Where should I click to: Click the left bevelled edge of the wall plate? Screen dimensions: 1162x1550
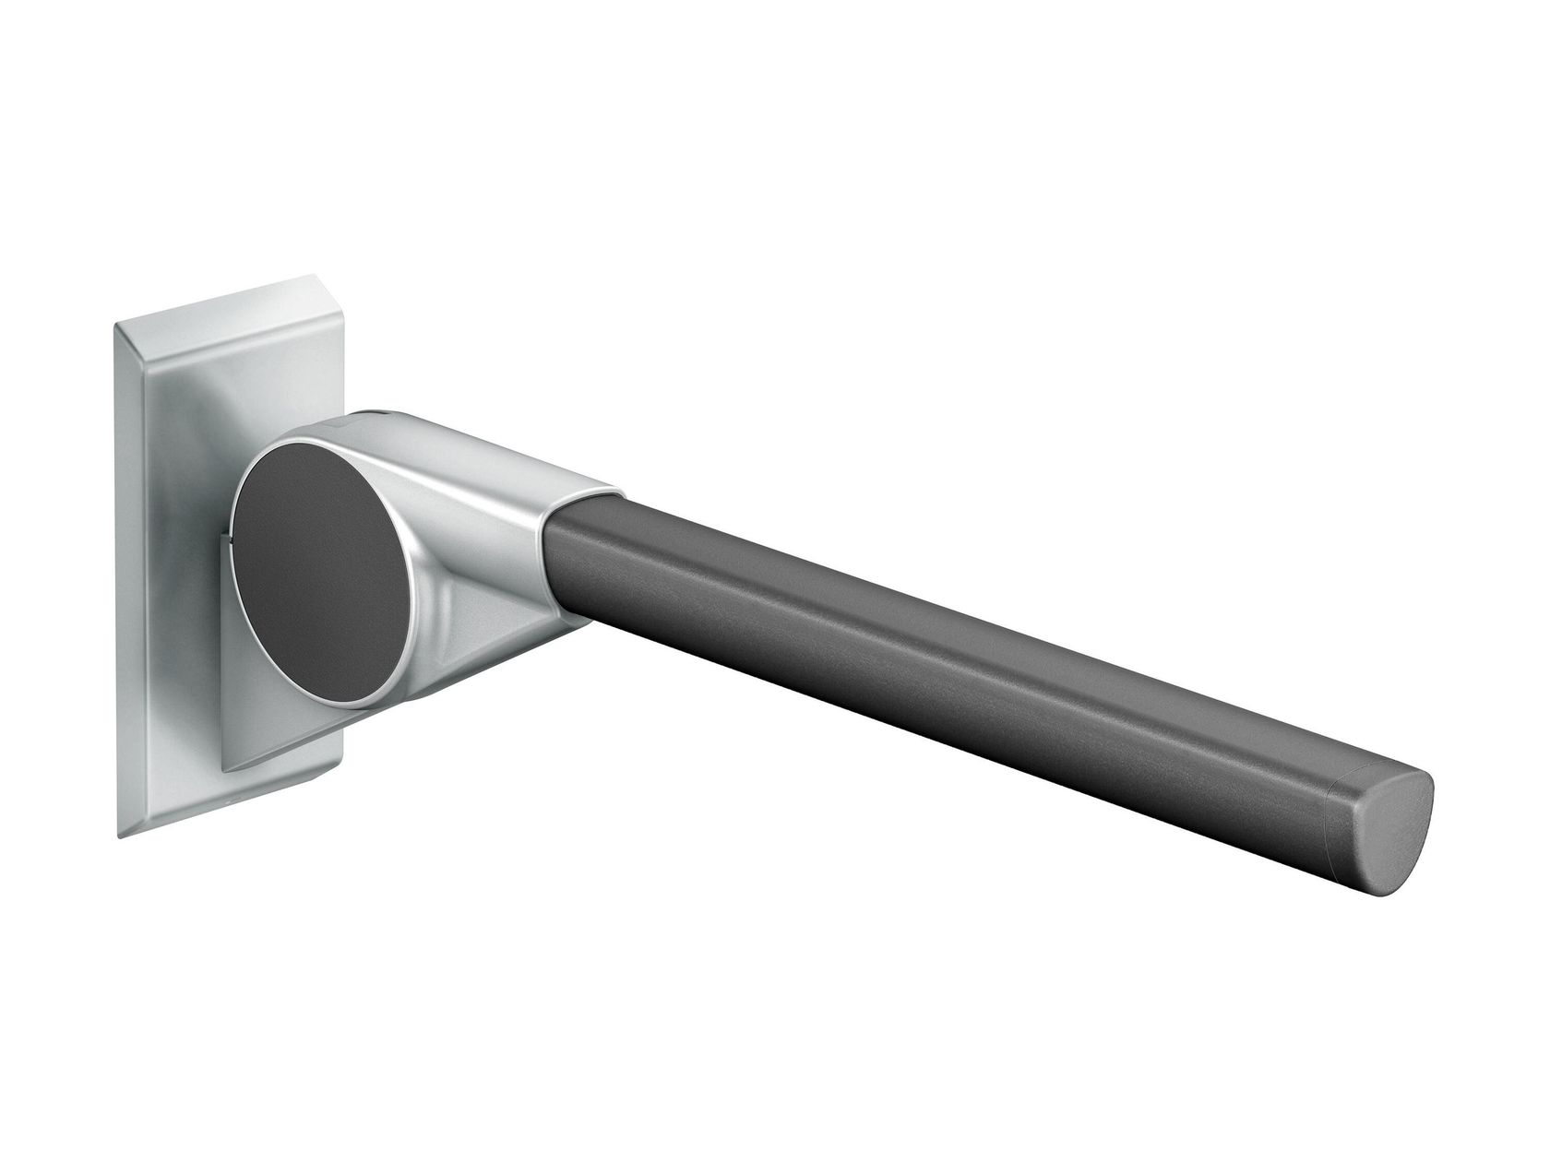[x=129, y=572]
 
